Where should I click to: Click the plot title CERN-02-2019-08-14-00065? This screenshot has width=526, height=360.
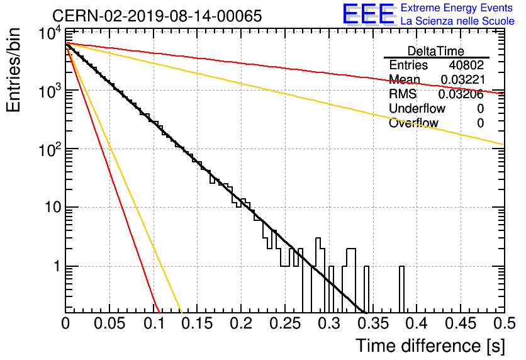click(157, 16)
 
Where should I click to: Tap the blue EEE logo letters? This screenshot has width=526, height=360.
click(369, 14)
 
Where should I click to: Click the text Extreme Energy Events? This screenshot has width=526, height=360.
click(457, 8)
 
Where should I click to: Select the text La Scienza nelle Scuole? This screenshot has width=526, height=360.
click(457, 21)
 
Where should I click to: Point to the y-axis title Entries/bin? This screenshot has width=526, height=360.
click(13, 70)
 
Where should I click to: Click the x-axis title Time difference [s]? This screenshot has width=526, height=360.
click(430, 346)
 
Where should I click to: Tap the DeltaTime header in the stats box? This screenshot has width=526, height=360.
click(436, 51)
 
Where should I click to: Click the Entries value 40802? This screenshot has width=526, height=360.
click(466, 65)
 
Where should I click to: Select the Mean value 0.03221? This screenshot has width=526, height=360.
click(463, 79)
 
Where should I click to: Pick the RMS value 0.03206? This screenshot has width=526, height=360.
click(461, 94)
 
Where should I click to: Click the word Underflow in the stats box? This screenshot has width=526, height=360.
click(417, 108)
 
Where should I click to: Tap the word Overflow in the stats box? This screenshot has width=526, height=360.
click(413, 123)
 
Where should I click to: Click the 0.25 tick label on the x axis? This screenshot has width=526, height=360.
click(285, 323)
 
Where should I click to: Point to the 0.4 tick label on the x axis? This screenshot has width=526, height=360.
click(417, 323)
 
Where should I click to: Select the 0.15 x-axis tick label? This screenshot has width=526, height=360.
click(198, 323)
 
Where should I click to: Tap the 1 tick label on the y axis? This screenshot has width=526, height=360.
click(57, 266)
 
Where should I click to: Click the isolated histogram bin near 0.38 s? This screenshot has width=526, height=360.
click(401, 290)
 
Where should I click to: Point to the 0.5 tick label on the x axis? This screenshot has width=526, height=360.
click(505, 323)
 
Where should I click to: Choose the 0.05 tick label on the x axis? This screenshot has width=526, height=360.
click(109, 323)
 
